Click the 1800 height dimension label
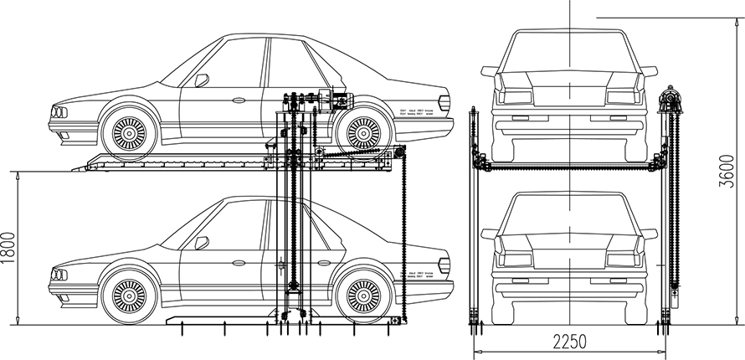click(9, 247)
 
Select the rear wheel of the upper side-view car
click(363, 131)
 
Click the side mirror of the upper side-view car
click(201, 80)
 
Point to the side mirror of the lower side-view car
click(201, 243)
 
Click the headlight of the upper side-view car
click(58, 111)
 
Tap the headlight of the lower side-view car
click(58, 274)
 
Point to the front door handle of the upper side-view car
click(239, 100)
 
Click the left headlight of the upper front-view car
click(512, 95)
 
